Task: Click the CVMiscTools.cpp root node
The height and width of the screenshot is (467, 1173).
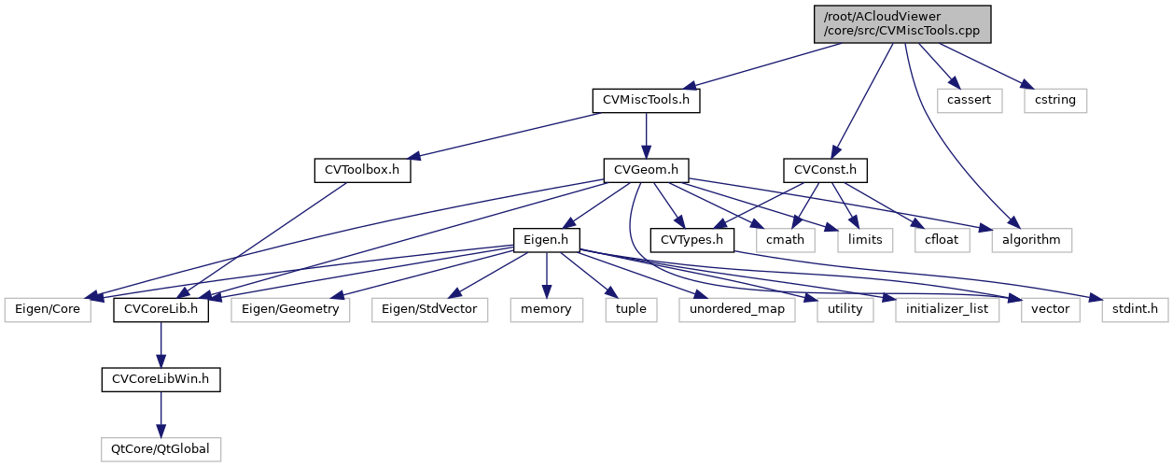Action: click(x=901, y=22)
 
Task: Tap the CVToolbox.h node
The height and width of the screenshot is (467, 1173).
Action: click(x=362, y=170)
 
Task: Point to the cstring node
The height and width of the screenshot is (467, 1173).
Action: click(x=1054, y=100)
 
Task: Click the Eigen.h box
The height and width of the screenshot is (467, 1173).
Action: click(x=547, y=240)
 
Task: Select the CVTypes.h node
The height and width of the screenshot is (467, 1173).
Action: click(x=691, y=240)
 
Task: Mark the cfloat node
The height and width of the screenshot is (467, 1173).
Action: click(x=943, y=240)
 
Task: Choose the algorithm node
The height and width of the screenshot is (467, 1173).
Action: click(x=1031, y=240)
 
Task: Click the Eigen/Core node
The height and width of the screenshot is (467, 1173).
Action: click(x=48, y=309)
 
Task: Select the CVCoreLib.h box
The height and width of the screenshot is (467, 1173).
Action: click(x=161, y=309)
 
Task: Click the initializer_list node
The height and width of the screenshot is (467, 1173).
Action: click(x=946, y=309)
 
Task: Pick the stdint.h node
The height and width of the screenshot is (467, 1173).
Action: click(x=1135, y=309)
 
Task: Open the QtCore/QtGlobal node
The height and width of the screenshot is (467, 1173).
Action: click(x=161, y=449)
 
